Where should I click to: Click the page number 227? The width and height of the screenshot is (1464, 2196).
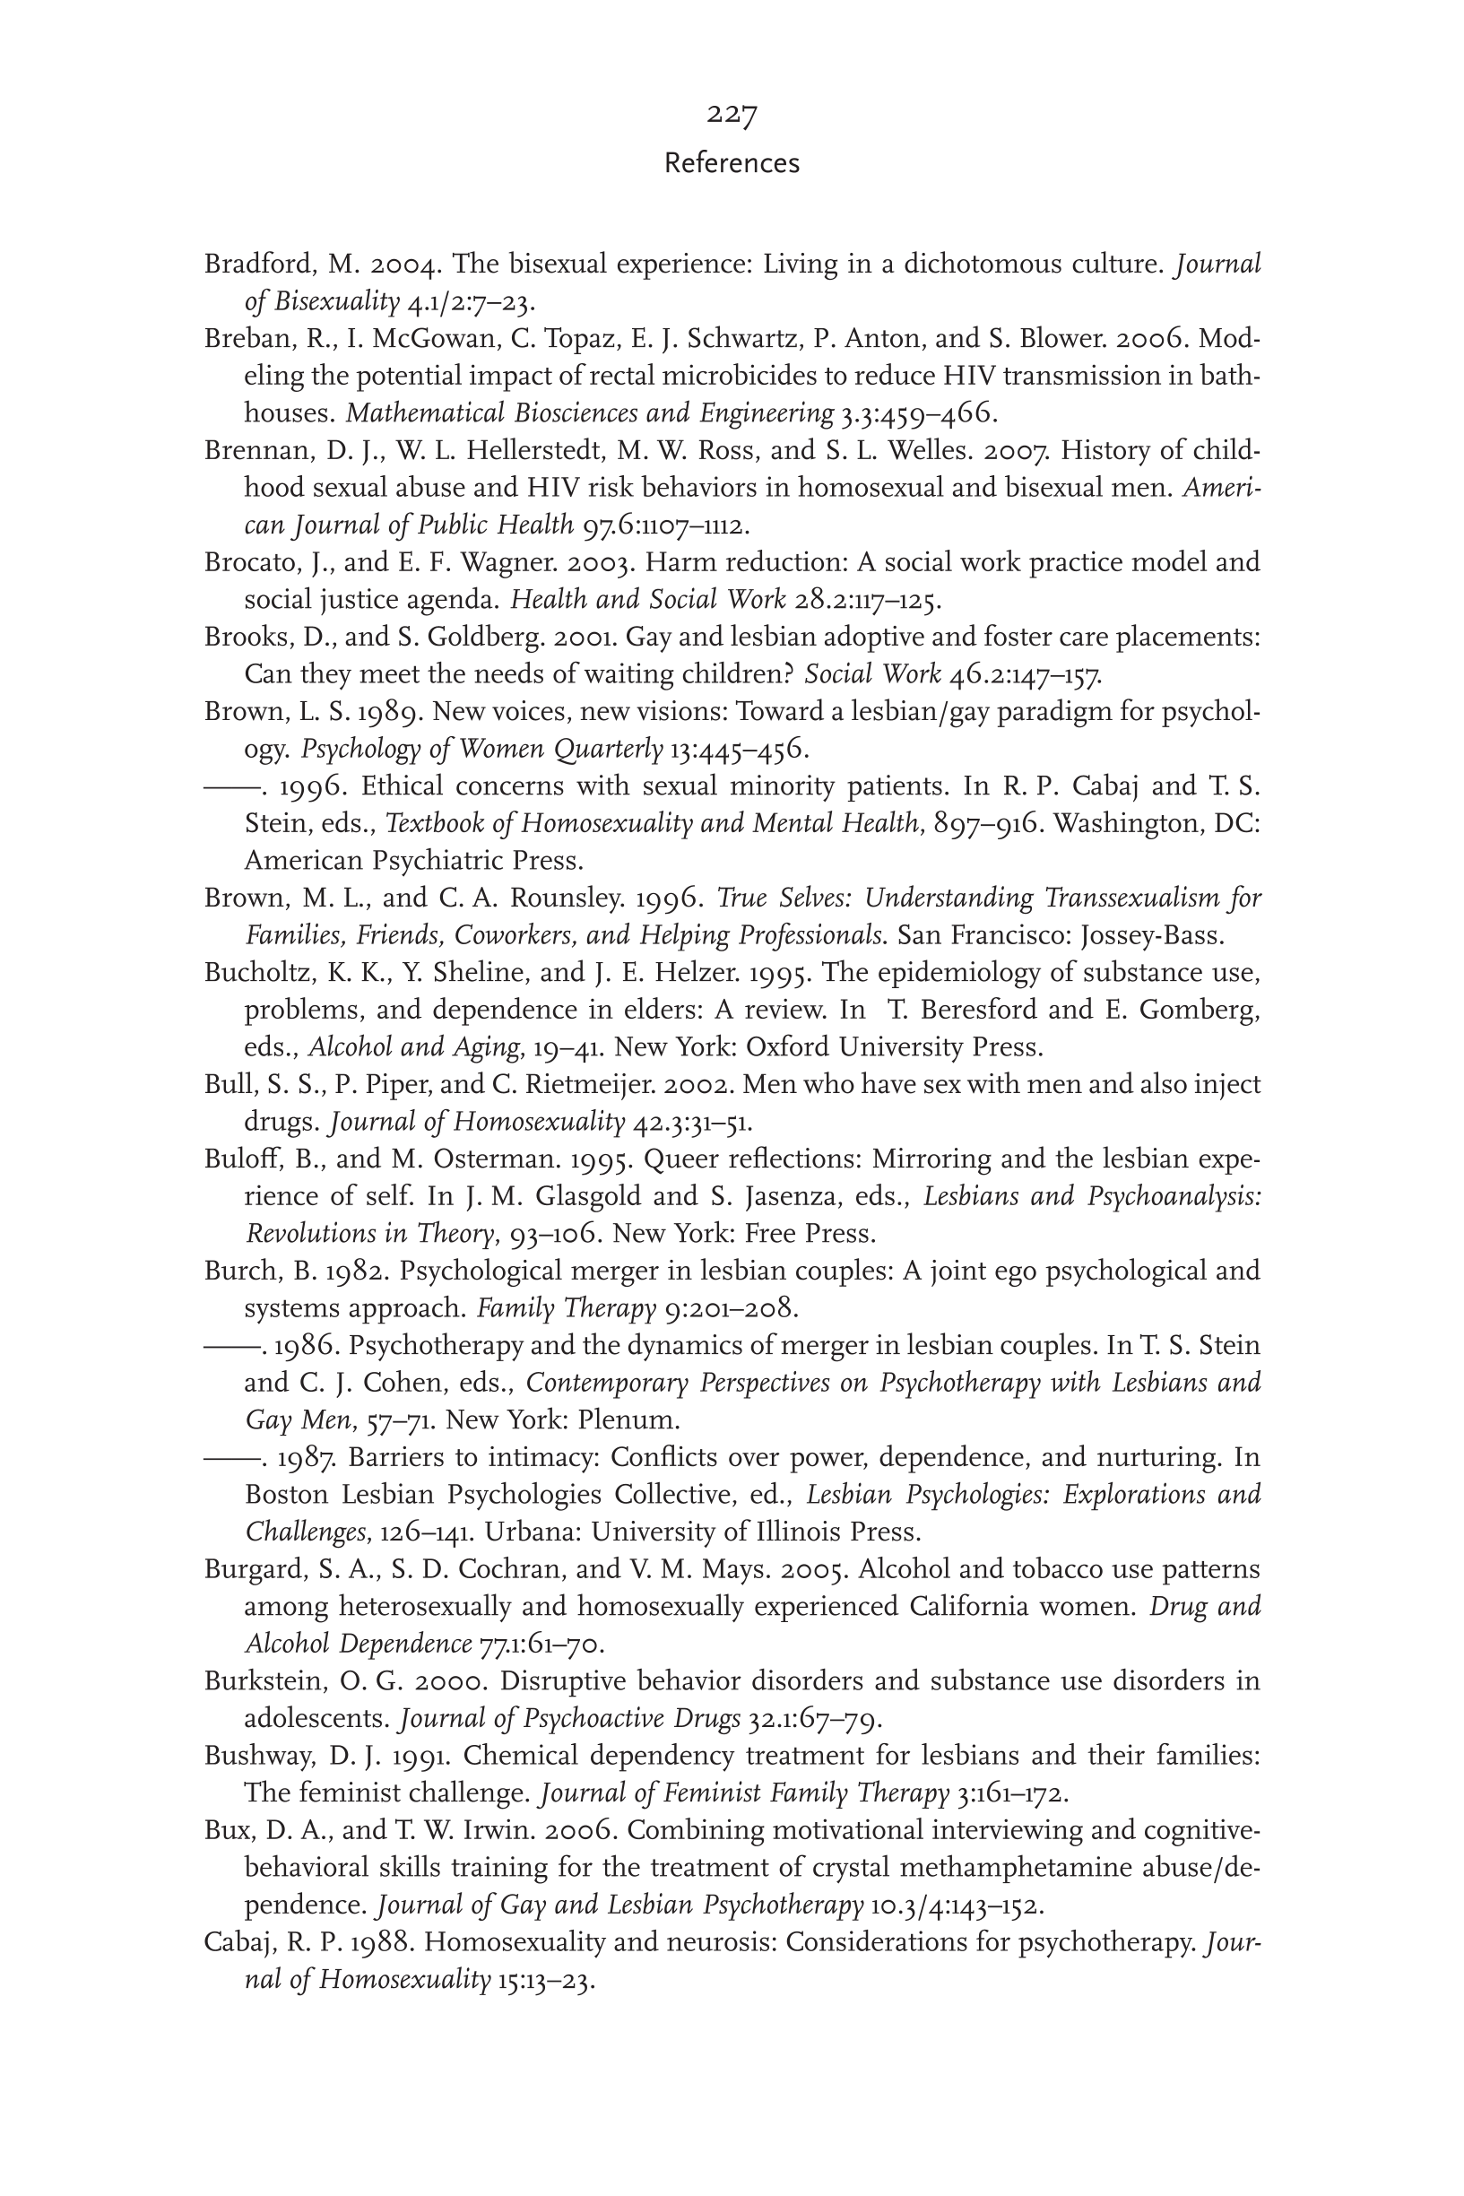point(731,114)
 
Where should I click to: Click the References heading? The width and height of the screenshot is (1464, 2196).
point(731,163)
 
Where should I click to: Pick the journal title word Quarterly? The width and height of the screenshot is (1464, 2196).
point(607,750)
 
